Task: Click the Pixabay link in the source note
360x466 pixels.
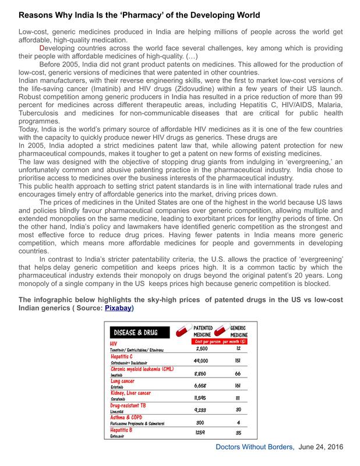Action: point(119,308)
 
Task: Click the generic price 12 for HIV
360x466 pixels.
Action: point(238,348)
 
